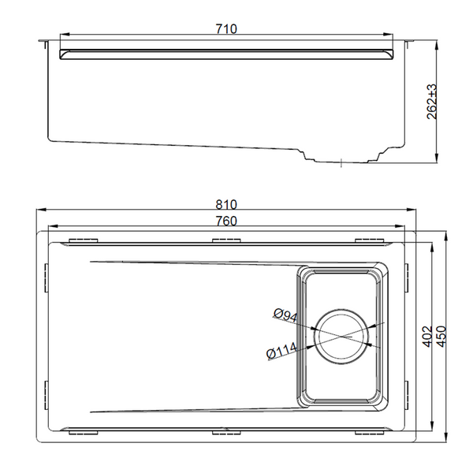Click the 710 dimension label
pyautogui.click(x=226, y=29)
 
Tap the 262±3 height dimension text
pyautogui.click(x=432, y=102)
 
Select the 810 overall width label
pyautogui.click(x=226, y=205)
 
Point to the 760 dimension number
pyautogui.click(x=226, y=221)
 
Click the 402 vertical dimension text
pyautogui.click(x=426, y=337)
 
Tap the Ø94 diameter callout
pyautogui.click(x=285, y=315)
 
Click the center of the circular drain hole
pyautogui.click(x=341, y=337)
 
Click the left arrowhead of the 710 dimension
pyautogui.click(x=65, y=35)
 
